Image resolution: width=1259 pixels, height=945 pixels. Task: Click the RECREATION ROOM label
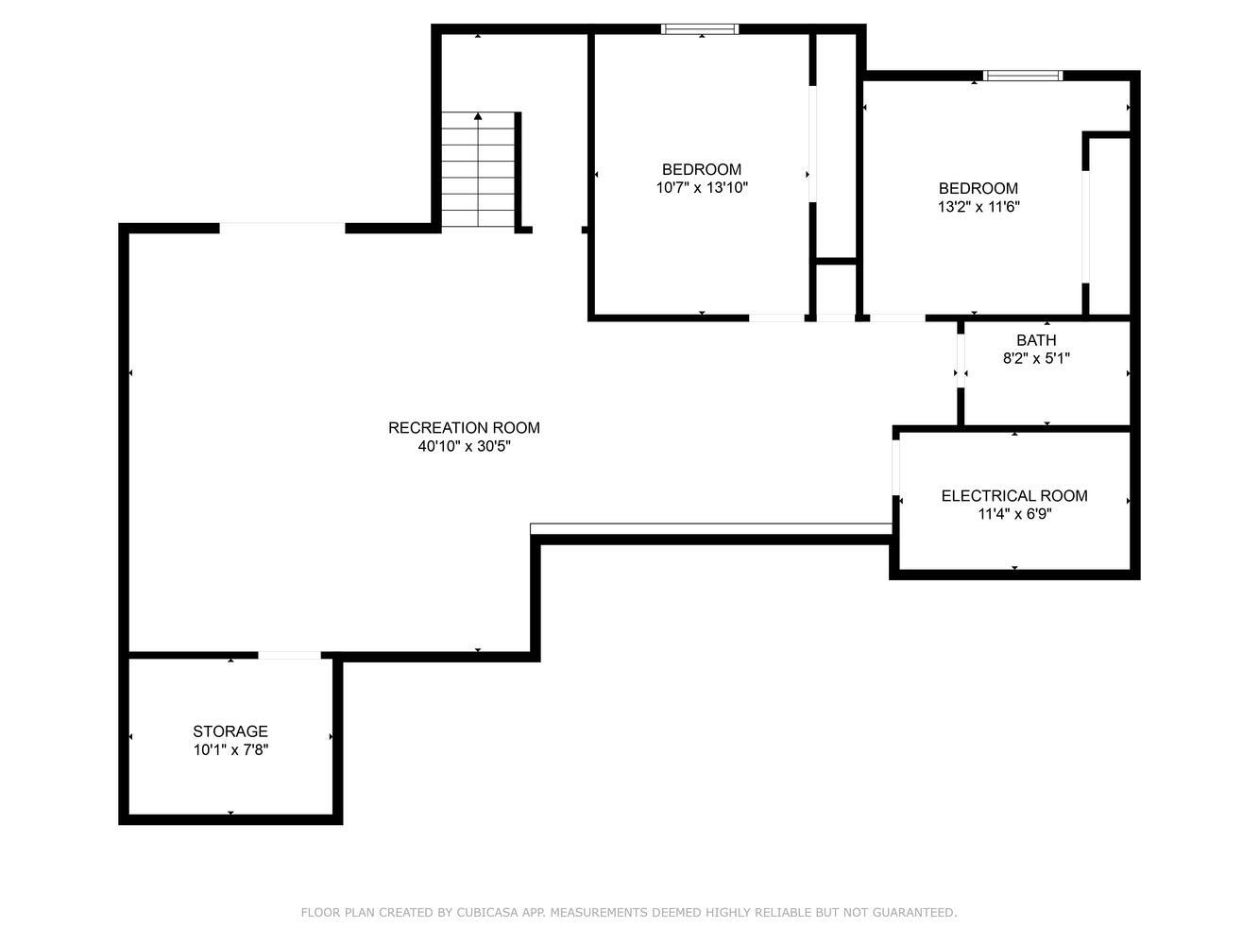(464, 427)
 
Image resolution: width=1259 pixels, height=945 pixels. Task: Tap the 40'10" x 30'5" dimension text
(464, 446)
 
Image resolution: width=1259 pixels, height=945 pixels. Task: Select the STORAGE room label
(230, 731)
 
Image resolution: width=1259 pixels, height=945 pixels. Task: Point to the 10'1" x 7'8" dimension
(230, 750)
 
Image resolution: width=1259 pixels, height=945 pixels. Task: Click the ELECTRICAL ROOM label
(1014, 496)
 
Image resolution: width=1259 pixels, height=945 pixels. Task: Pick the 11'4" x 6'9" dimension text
(1014, 514)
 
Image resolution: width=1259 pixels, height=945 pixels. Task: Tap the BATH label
(1036, 340)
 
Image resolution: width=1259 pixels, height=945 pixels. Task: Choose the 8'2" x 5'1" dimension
(1036, 358)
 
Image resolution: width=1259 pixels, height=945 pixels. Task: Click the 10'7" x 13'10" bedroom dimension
(702, 188)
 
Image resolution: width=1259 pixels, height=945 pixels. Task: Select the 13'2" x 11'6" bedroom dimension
(978, 207)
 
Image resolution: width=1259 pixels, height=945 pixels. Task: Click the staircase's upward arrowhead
(478, 116)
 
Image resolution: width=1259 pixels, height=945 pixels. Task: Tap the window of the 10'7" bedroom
(700, 29)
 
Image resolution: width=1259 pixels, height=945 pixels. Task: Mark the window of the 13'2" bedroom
(1023, 76)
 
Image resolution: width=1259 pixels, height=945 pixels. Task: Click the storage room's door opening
(289, 655)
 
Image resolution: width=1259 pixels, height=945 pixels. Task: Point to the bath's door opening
(961, 360)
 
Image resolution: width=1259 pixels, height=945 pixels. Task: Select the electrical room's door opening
(896, 467)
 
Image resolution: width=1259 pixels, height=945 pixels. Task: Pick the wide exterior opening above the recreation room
(282, 228)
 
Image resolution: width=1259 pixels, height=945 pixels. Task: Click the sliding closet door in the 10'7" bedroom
(812, 144)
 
